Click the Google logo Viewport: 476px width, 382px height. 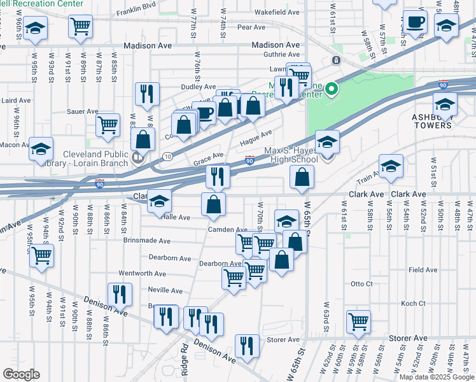(21, 374)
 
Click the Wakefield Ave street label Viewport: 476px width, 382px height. (276, 12)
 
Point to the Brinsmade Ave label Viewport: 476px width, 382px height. (147, 242)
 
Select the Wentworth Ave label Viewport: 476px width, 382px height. (142, 274)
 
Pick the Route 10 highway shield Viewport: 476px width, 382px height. (167, 157)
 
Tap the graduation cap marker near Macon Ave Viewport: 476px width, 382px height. (41, 149)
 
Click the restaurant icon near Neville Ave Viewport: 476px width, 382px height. (119, 294)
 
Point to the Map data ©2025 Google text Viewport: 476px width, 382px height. (436, 377)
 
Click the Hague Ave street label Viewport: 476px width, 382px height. (256, 135)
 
